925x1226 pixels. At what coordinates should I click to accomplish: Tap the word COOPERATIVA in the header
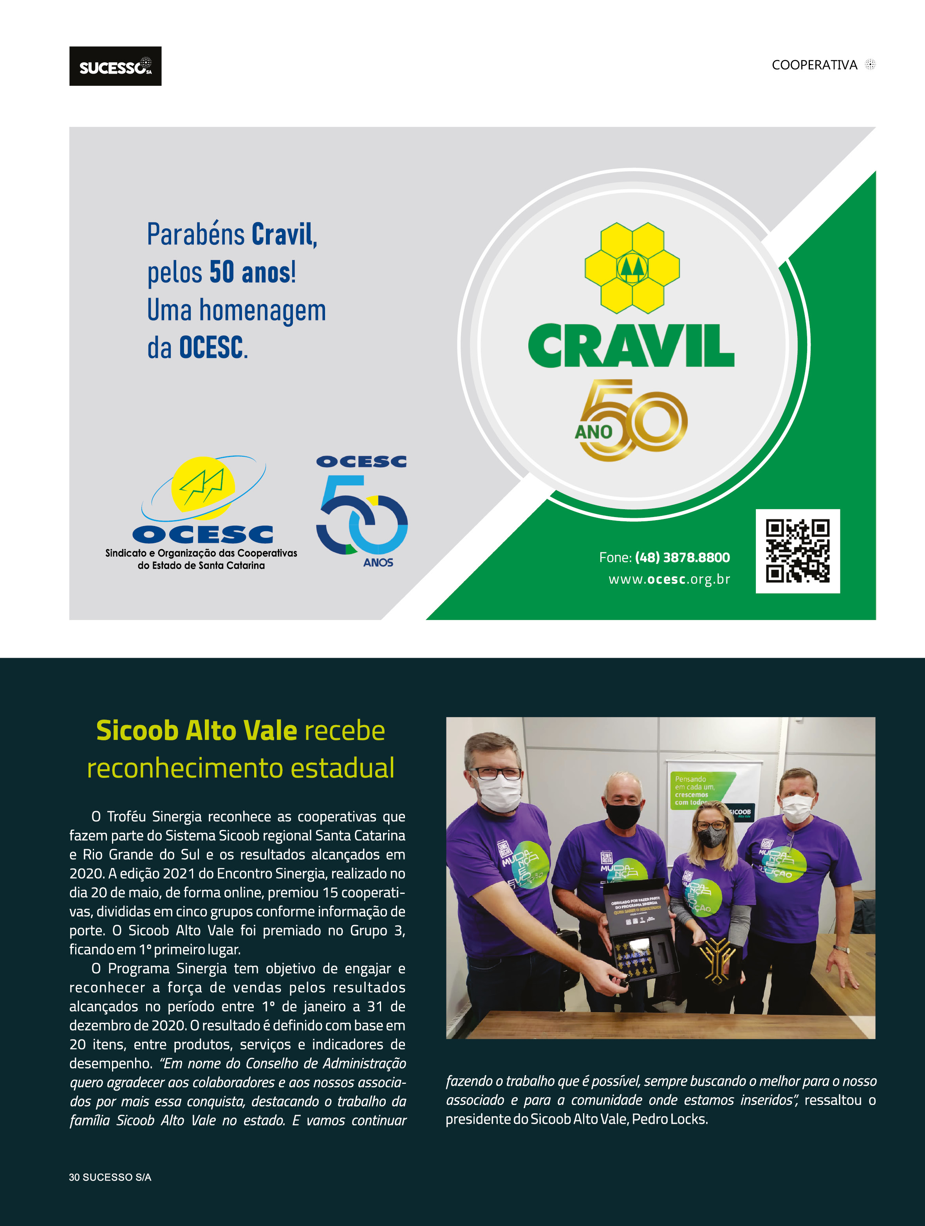[814, 65]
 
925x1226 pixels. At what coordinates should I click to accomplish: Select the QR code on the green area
[797, 551]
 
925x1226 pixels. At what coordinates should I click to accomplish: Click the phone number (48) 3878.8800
[682, 557]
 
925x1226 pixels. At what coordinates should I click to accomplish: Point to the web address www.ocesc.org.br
[669, 579]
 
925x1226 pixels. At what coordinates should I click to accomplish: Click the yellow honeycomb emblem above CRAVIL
[632, 268]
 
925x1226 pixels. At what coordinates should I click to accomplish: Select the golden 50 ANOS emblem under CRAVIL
[632, 420]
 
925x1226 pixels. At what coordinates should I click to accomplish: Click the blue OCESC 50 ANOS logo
[362, 511]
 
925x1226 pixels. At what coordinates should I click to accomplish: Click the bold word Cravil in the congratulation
[283, 235]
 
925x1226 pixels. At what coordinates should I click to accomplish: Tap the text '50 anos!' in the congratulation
[252, 272]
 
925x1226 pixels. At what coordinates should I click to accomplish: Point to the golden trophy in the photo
[717, 958]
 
